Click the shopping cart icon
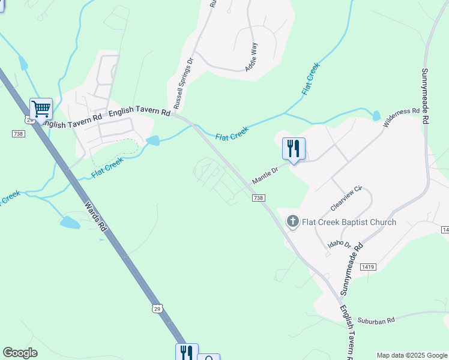pyautogui.click(x=41, y=109)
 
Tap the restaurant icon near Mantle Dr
pyautogui.click(x=294, y=149)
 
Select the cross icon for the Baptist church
pyautogui.click(x=293, y=222)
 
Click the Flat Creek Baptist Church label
pyautogui.click(x=349, y=222)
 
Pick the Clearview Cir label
pyautogui.click(x=347, y=199)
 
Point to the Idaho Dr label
pyautogui.click(x=339, y=244)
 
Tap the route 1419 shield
pyautogui.click(x=368, y=266)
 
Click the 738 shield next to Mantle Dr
pyautogui.click(x=258, y=198)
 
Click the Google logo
pyautogui.click(x=20, y=353)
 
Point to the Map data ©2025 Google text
pyautogui.click(x=412, y=355)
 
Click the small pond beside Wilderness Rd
pyautogui.click(x=376, y=116)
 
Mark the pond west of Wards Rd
pyautogui.click(x=70, y=223)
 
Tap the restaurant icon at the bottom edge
pyautogui.click(x=186, y=352)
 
